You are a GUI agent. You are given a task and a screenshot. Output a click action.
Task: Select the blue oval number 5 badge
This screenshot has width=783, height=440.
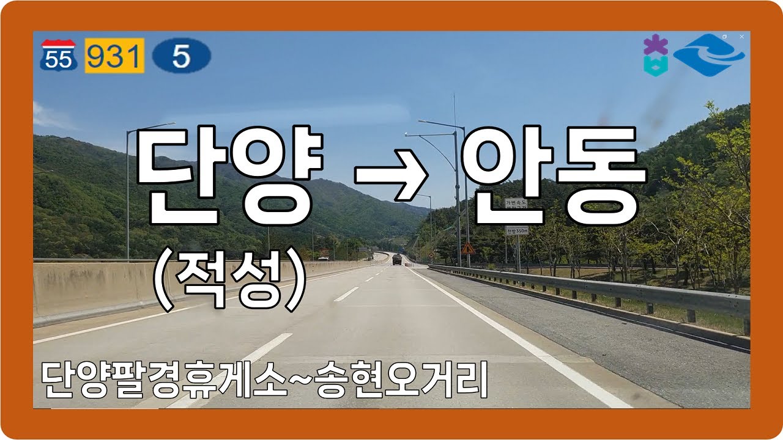tap(181, 56)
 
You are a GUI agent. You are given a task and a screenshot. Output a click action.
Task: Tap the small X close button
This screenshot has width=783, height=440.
tap(741, 37)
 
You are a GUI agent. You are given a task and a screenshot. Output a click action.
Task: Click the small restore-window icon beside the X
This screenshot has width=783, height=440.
tap(725, 37)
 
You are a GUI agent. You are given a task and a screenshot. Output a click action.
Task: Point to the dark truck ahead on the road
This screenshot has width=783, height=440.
tap(397, 260)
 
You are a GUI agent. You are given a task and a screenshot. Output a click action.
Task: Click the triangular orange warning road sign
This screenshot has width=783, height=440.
tap(468, 248)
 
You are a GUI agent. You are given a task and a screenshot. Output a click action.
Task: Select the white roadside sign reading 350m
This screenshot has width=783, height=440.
tap(517, 230)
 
